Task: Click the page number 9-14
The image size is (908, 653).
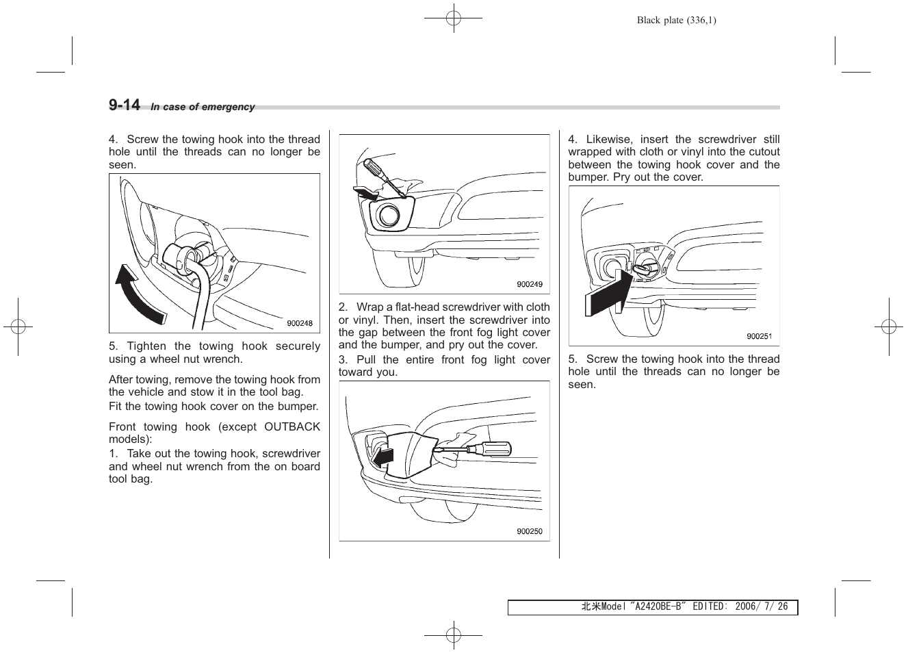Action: coord(124,105)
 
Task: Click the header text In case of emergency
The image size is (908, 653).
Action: coord(203,107)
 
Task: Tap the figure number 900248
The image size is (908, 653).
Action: coord(300,324)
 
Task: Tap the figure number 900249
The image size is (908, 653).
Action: coord(529,285)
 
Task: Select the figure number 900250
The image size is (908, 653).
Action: coord(529,532)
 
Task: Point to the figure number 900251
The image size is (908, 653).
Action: coord(759,336)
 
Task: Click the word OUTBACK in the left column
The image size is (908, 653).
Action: coord(292,427)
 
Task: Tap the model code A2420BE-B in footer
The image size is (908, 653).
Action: coord(659,607)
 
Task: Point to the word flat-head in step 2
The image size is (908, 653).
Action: coord(418,307)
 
